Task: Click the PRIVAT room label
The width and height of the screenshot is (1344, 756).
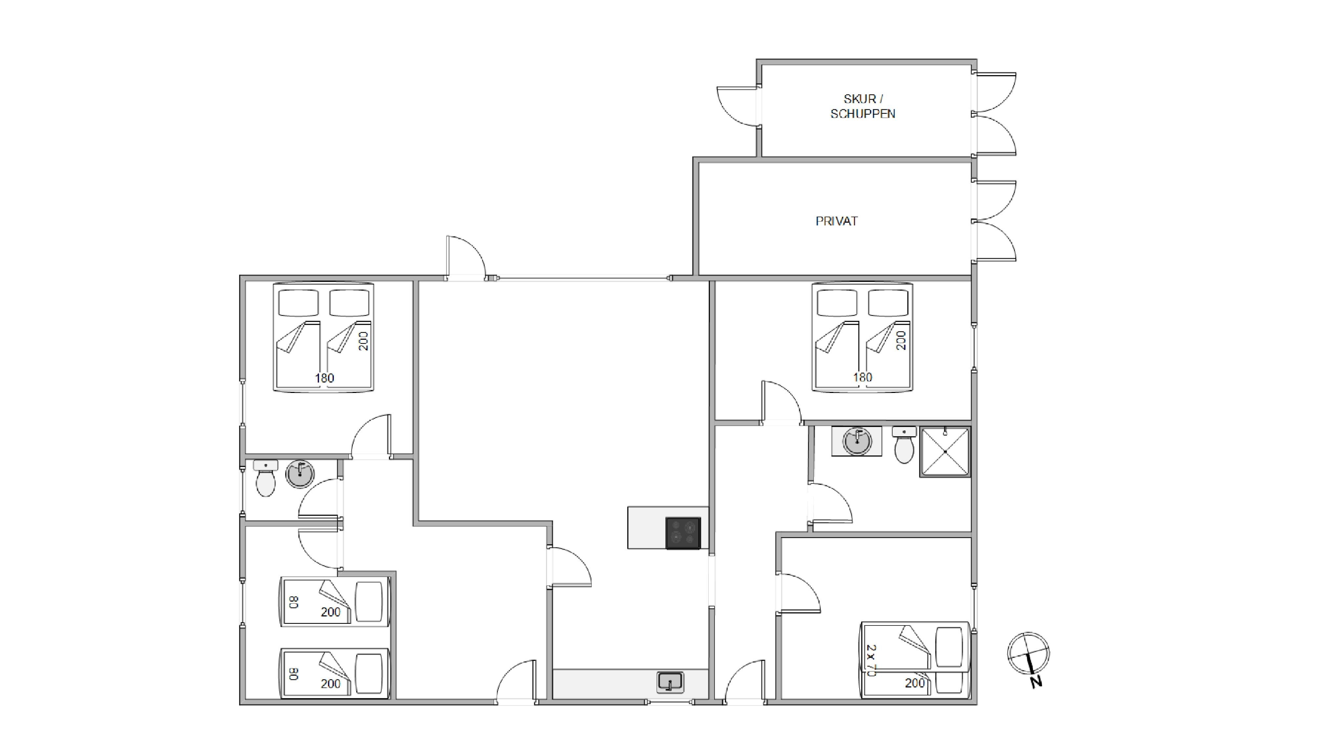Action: pos(836,221)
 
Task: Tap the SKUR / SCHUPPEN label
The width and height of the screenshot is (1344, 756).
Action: pos(863,106)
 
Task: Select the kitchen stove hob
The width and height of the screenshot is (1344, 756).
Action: pos(683,533)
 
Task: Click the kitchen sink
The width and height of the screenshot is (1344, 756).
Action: pos(670,682)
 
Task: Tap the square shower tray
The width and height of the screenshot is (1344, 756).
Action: pos(945,452)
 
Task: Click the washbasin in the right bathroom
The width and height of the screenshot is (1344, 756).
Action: pos(857,441)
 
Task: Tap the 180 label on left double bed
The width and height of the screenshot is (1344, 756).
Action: pos(325,378)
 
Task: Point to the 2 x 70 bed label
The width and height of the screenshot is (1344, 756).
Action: pos(870,660)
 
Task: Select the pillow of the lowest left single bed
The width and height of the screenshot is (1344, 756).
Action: pos(369,674)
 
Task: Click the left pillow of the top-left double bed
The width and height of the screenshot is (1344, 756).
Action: pos(299,303)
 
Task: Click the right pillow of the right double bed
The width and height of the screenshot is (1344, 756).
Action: pos(888,303)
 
